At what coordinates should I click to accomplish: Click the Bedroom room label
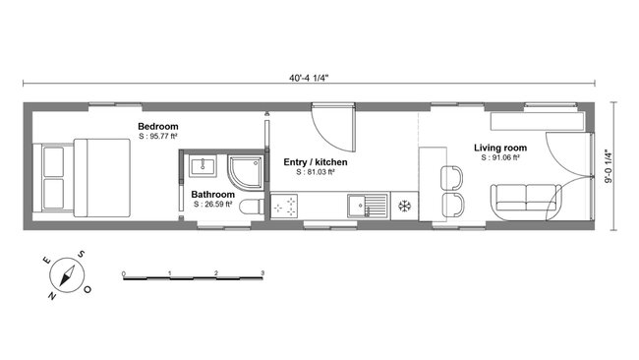[x=157, y=126]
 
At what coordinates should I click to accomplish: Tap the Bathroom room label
[x=212, y=195]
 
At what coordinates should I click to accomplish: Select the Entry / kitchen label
[x=315, y=161]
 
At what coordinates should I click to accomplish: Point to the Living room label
[x=496, y=148]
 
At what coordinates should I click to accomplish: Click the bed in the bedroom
[x=83, y=177]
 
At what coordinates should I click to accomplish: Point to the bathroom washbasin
[x=204, y=165]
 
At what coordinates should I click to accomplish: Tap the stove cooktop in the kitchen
[x=287, y=207]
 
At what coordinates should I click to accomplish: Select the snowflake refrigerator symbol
[x=403, y=207]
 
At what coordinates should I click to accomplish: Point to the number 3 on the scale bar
[x=262, y=270]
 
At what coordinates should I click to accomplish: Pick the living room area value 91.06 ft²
[x=499, y=157]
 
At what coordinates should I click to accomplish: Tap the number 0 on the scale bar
[x=123, y=270]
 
